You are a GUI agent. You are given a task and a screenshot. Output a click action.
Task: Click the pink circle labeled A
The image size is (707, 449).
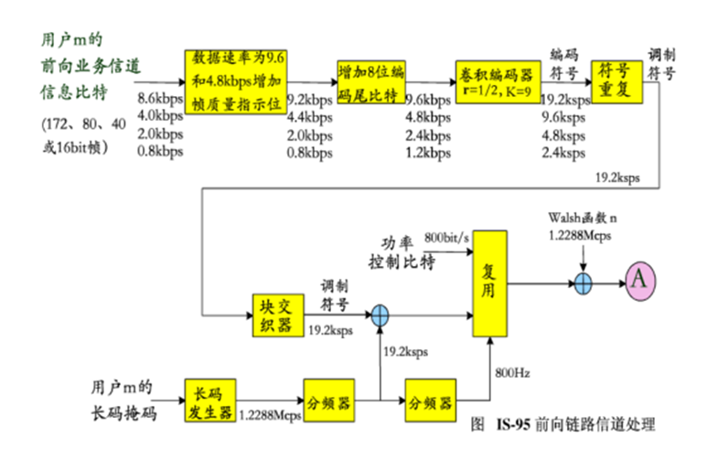tap(640, 281)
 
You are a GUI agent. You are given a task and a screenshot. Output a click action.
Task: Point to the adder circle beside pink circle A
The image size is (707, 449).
tap(584, 282)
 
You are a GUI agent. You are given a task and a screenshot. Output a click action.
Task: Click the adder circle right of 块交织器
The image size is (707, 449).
tap(380, 315)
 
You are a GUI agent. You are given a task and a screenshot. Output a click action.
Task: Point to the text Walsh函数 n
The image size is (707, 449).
tap(583, 218)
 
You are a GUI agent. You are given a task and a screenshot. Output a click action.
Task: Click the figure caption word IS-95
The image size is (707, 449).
tap(515, 426)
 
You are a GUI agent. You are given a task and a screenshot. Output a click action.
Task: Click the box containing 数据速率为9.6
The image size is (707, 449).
tap(235, 80)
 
